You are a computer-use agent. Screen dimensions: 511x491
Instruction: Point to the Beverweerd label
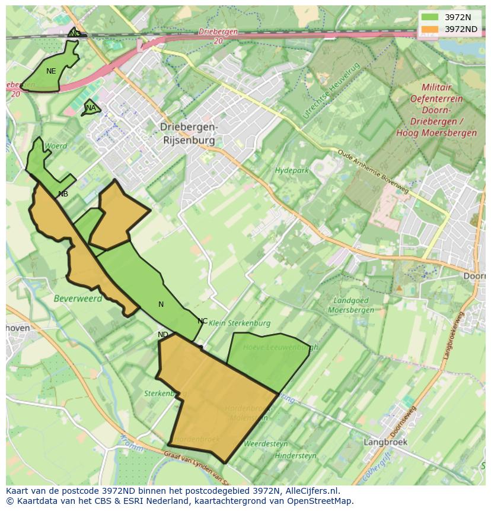pyautogui.click(x=78, y=299)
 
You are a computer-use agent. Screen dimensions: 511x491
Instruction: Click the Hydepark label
pyautogui.click(x=292, y=171)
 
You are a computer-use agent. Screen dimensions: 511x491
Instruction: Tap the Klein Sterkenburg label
pyautogui.click(x=240, y=323)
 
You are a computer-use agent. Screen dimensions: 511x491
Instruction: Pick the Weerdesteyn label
pyautogui.click(x=266, y=443)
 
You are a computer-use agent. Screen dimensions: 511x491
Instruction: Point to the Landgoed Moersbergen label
pyautogui.click(x=353, y=305)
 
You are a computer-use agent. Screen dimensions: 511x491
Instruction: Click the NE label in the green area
pyautogui.click(x=51, y=71)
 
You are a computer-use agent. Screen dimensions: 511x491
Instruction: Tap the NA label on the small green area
pyautogui.click(x=91, y=108)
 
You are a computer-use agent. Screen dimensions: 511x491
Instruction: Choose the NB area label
pyautogui.click(x=63, y=194)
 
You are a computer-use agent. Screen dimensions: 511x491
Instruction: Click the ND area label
pyautogui.click(x=163, y=335)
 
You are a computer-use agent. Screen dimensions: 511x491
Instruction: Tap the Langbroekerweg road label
pyautogui.click(x=453, y=335)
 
